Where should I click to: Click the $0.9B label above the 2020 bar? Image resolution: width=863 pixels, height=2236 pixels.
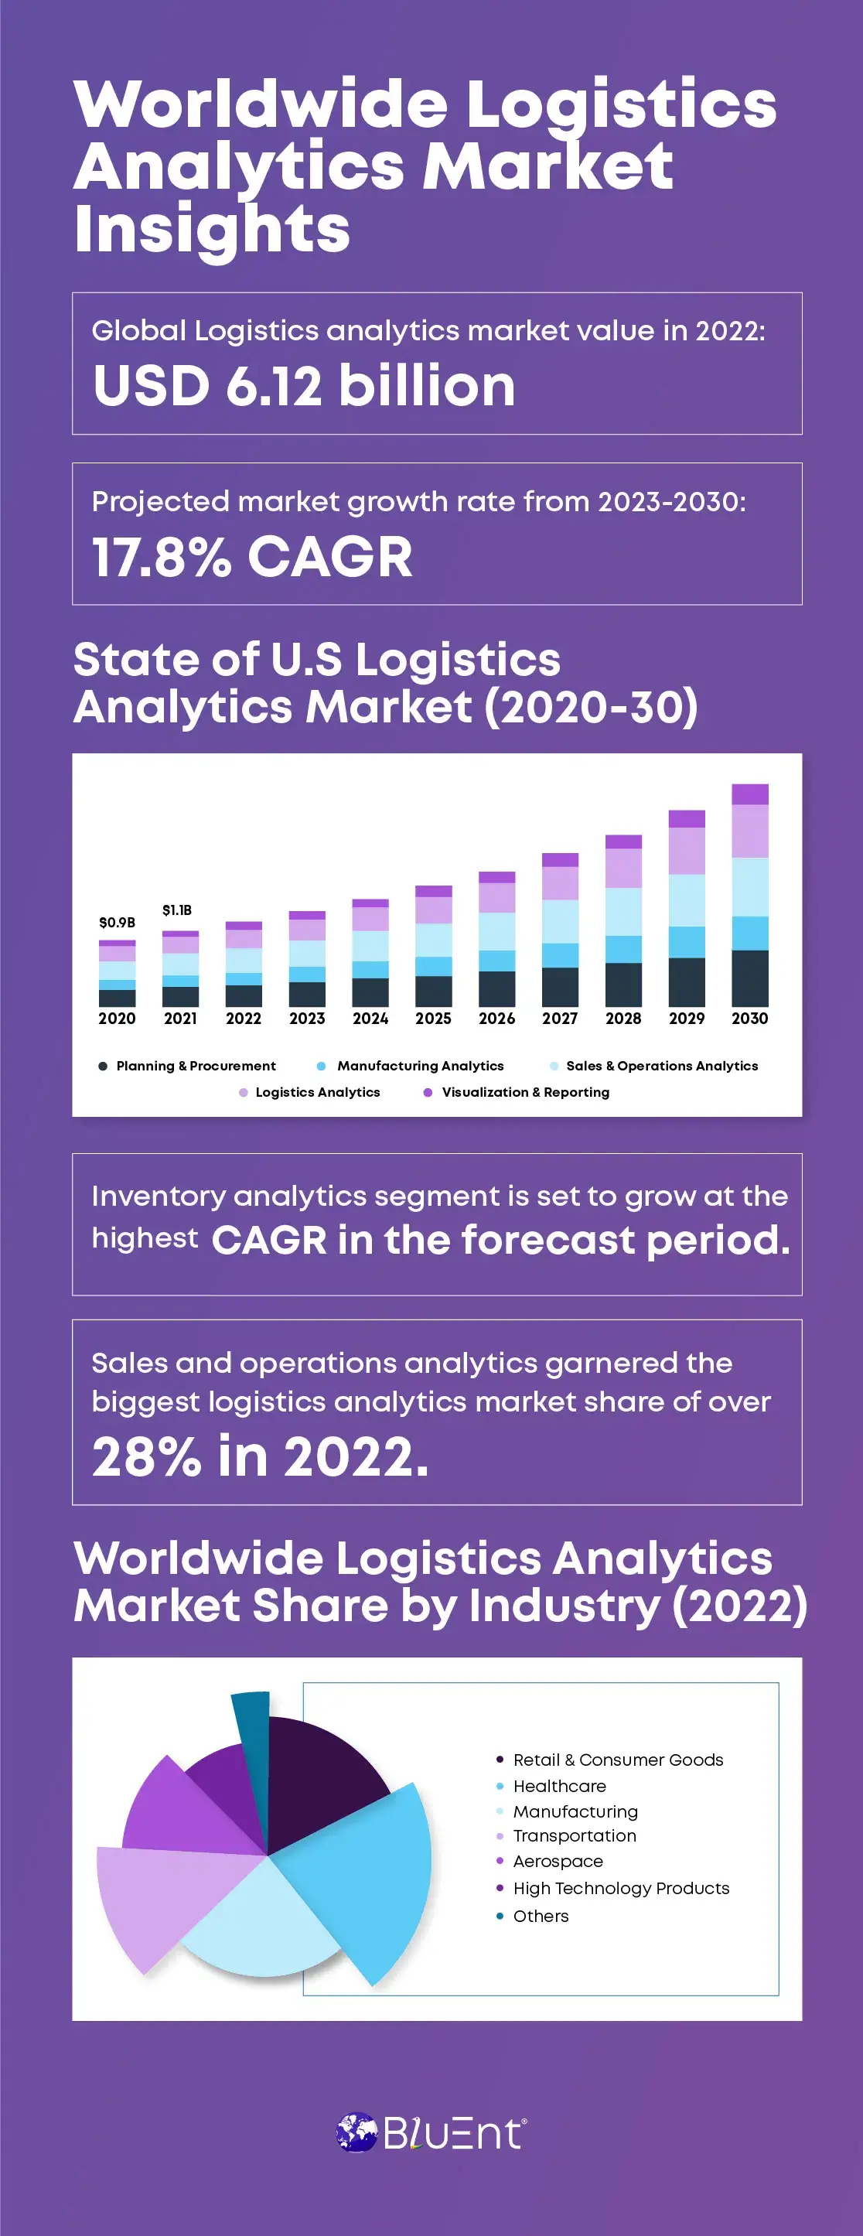[x=116, y=922]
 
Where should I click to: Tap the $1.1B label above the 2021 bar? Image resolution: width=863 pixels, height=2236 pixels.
[x=177, y=910]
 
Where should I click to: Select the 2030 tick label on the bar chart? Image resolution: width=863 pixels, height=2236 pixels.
[x=749, y=1018]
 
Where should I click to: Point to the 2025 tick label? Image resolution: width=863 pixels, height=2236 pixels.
[x=433, y=1018]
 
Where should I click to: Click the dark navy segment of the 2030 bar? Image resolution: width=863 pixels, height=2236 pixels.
[x=749, y=978]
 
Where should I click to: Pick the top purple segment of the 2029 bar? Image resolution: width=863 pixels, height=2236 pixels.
[x=686, y=818]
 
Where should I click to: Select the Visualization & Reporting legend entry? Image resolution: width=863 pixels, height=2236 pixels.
[x=524, y=1092]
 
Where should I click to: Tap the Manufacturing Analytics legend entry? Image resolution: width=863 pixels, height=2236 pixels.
[x=419, y=1066]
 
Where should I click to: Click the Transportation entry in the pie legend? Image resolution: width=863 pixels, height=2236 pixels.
[x=574, y=1836]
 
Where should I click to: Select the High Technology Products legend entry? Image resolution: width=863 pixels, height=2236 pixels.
[x=620, y=1888]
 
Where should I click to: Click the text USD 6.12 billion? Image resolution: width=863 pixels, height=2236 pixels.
[x=304, y=385]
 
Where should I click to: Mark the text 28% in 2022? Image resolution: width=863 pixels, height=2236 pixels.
[x=261, y=1456]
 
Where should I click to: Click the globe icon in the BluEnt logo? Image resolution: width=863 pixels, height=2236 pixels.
[x=356, y=2132]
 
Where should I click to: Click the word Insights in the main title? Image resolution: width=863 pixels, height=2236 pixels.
[x=212, y=229]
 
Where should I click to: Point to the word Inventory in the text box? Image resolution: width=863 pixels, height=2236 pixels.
[x=158, y=1197]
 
